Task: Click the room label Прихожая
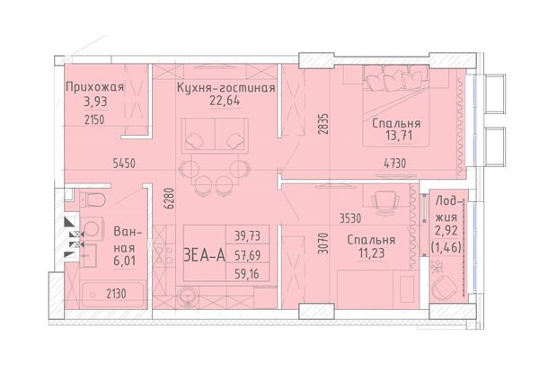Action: (x=94, y=87)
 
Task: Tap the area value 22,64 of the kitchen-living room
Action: (x=225, y=102)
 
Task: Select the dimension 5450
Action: (x=124, y=164)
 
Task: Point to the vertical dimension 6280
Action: (x=170, y=199)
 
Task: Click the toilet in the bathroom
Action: (x=92, y=199)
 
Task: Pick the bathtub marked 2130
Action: (x=113, y=295)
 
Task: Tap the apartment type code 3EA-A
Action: (x=205, y=256)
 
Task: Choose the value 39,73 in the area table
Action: (x=247, y=236)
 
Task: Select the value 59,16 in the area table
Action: (x=247, y=274)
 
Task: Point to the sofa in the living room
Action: (x=216, y=135)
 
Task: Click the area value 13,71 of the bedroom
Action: (x=399, y=136)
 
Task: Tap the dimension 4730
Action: (x=394, y=164)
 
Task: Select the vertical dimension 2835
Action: (x=323, y=124)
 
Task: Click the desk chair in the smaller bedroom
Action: (x=386, y=202)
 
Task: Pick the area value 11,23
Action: (x=371, y=253)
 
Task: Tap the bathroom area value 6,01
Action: (x=125, y=261)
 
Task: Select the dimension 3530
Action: (x=350, y=218)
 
